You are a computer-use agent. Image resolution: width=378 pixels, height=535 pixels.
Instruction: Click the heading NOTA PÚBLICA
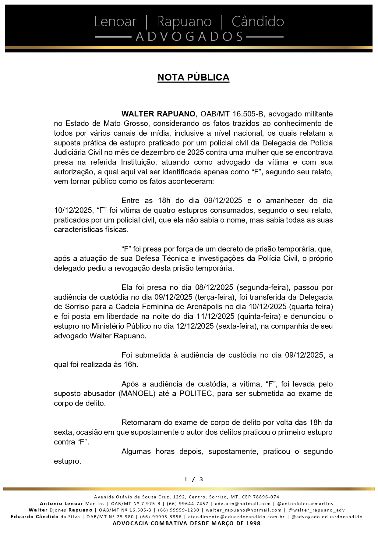tap(193, 77)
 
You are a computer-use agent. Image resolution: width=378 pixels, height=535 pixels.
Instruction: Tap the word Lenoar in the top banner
tap(115, 22)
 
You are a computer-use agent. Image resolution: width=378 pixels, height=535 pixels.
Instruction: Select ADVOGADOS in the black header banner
tap(189, 37)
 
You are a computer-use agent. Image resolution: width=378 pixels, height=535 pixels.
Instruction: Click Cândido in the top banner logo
tap(258, 22)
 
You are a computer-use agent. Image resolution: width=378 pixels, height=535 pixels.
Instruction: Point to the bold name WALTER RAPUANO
tap(158, 114)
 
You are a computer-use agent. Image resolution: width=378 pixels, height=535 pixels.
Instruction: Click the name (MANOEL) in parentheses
tap(138, 394)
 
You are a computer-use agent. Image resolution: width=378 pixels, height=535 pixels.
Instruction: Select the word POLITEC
tap(196, 394)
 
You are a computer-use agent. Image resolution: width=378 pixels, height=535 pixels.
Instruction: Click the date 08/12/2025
tap(214, 287)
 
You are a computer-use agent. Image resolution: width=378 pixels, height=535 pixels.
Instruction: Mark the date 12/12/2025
tap(195, 326)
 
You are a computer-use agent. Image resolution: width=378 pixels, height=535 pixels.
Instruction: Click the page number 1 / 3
tap(193, 480)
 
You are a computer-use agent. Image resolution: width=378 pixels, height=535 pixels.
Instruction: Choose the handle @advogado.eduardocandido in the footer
tap(327, 517)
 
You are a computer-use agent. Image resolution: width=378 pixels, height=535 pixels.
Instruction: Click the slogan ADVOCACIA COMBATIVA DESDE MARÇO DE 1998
tap(186, 523)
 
